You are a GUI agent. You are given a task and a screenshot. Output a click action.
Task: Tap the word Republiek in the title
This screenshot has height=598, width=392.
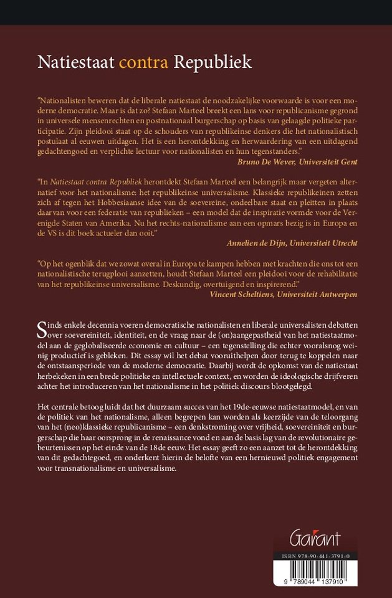212,63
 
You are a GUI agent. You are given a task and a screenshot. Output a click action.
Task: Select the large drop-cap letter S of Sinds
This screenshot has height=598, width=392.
42,328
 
